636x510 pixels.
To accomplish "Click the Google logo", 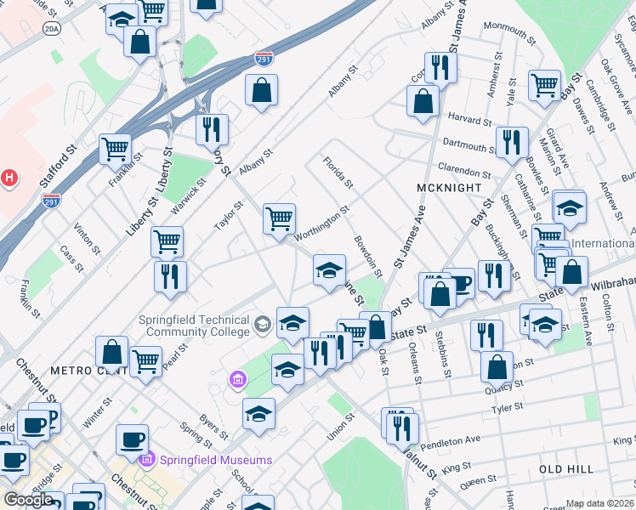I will point(28,500).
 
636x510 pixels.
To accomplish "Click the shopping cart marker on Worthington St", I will point(279,218).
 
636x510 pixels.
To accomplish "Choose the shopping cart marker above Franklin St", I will point(115,149).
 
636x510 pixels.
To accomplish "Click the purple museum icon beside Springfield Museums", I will point(235,377).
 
